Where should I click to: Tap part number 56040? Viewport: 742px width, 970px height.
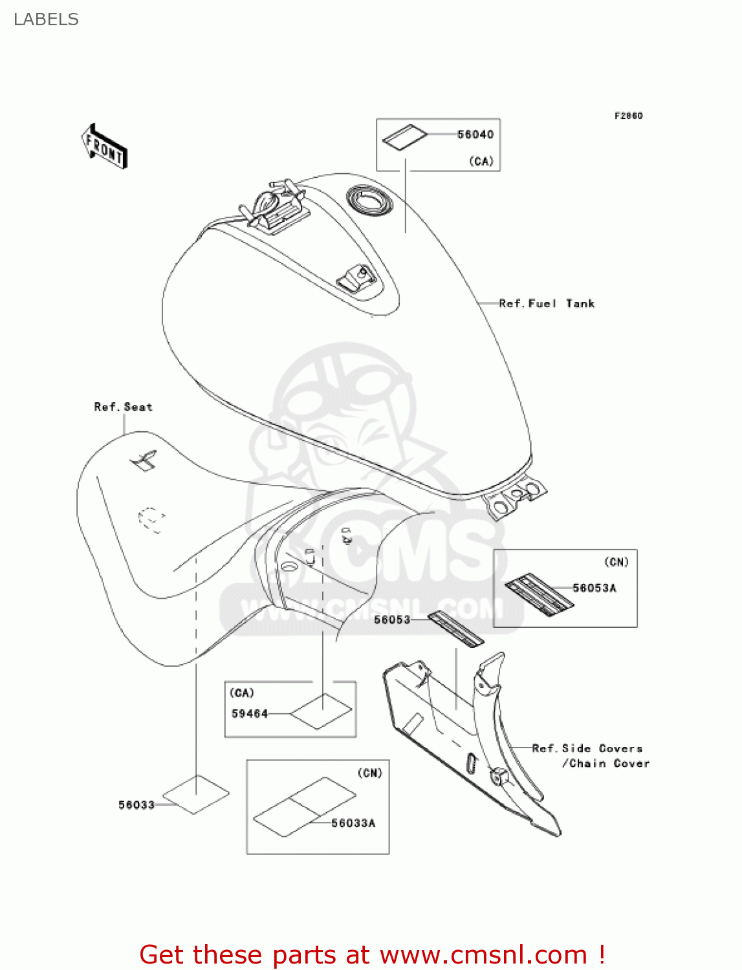click(475, 135)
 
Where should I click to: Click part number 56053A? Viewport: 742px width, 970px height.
click(594, 588)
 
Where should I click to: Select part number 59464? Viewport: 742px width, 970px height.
click(249, 714)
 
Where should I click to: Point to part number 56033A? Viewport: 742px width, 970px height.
click(353, 823)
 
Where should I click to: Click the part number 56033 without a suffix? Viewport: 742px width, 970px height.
click(136, 805)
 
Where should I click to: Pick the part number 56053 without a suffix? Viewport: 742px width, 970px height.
click(392, 620)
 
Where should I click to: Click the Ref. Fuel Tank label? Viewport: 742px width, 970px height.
click(547, 303)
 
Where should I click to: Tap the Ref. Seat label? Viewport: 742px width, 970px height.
click(124, 407)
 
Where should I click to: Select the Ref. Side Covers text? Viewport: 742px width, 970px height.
click(587, 748)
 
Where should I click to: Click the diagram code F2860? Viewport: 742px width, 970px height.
click(628, 116)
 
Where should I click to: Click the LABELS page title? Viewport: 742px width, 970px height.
click(46, 19)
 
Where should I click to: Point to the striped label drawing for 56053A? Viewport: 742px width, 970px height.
click(539, 593)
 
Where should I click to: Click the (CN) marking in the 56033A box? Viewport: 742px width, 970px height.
click(370, 773)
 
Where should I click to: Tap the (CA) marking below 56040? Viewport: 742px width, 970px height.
click(481, 161)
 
